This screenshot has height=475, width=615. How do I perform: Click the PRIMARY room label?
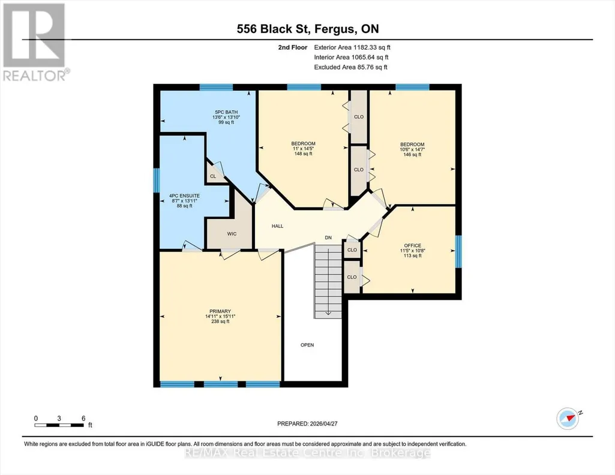point(220,312)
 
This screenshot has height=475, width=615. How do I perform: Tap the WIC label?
point(232,234)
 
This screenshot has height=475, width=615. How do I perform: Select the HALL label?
point(277,226)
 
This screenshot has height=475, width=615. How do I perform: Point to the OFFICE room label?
point(413,246)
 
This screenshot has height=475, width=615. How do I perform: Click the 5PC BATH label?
point(226,113)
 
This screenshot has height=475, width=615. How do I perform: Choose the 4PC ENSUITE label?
point(184,196)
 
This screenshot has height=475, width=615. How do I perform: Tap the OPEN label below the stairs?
point(307,345)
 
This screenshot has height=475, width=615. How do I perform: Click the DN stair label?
point(328,238)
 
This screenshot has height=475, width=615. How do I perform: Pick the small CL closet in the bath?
point(213,176)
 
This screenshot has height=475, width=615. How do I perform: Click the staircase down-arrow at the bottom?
point(328,312)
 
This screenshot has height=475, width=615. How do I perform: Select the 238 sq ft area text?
point(220,321)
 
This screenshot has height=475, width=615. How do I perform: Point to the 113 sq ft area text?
point(413,256)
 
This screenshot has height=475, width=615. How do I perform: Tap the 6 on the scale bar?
point(83,419)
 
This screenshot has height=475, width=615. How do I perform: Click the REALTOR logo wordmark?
point(35,75)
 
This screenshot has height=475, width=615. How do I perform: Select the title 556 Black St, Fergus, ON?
point(308,29)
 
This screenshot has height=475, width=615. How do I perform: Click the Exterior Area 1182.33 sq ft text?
point(352,47)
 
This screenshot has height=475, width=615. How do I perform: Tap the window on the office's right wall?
point(458,252)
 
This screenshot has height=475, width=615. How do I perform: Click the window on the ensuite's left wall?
point(157,181)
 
